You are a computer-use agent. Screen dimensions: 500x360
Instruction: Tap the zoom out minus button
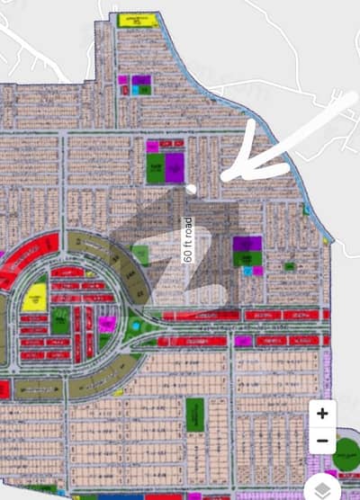pos(322,441)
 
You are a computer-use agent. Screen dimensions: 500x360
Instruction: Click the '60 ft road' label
pos(187,239)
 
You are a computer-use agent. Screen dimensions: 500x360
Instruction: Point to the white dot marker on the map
pos(193,188)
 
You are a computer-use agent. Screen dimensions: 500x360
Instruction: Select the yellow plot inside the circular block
pos(36,295)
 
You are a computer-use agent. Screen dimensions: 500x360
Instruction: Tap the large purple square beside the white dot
pos(174,166)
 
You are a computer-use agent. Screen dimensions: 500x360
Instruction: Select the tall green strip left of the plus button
pos(195,415)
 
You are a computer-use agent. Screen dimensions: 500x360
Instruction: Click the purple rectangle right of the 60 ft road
pos(247,244)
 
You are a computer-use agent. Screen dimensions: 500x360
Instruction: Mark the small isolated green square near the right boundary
pos(288,266)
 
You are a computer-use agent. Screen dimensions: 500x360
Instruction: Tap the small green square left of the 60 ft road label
pos(140,255)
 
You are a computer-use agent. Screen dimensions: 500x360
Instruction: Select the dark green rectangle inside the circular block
pos(60,320)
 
